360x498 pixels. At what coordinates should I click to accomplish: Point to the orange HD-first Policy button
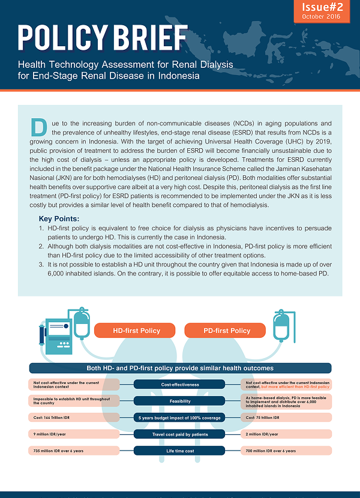point(136,331)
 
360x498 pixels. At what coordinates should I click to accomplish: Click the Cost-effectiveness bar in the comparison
point(179,385)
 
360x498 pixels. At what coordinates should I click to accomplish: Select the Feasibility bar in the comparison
point(179,401)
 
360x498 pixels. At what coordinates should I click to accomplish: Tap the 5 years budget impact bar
point(179,417)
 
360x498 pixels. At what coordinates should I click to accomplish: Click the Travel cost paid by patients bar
point(179,433)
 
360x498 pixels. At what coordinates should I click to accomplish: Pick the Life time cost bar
point(179,450)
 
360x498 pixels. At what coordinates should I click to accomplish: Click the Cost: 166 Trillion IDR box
point(71,417)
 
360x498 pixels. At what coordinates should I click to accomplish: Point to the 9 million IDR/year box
point(71,433)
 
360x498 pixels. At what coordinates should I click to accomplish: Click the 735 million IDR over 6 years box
point(71,450)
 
